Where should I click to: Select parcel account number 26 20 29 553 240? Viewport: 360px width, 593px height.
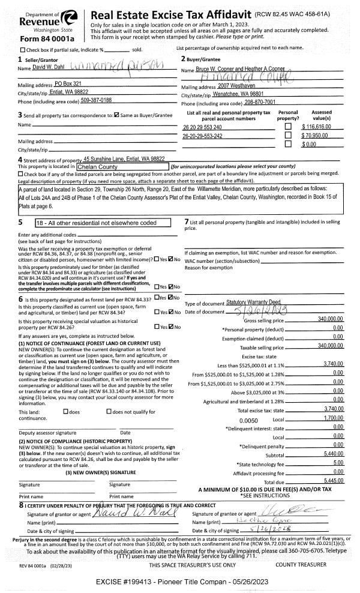coord(202,127)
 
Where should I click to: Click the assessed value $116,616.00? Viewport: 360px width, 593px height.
coord(323,127)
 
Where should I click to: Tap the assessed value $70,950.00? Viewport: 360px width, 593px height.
coord(325,136)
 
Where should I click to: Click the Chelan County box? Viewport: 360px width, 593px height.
coord(121,166)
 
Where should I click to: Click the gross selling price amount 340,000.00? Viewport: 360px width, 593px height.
coord(329,321)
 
